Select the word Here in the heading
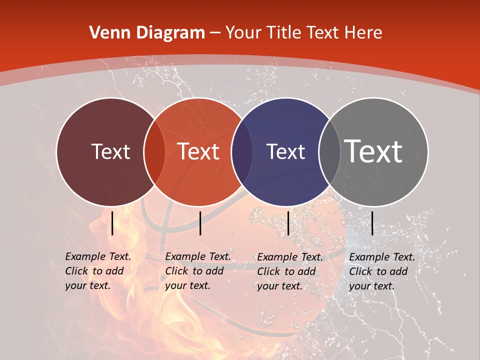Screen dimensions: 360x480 (364, 33)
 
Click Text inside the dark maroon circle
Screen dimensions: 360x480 (110, 151)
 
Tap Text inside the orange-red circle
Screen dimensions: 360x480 (198, 151)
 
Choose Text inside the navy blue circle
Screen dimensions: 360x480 (286, 151)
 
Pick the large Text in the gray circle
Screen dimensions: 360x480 (373, 151)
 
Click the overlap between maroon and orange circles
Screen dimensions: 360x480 (154, 152)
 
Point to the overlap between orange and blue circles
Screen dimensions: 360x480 (241, 152)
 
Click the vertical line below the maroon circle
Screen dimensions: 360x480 (112, 223)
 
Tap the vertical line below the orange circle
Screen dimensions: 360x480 (200, 223)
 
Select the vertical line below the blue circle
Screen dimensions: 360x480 (288, 223)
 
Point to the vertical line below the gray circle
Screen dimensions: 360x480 (372, 223)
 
